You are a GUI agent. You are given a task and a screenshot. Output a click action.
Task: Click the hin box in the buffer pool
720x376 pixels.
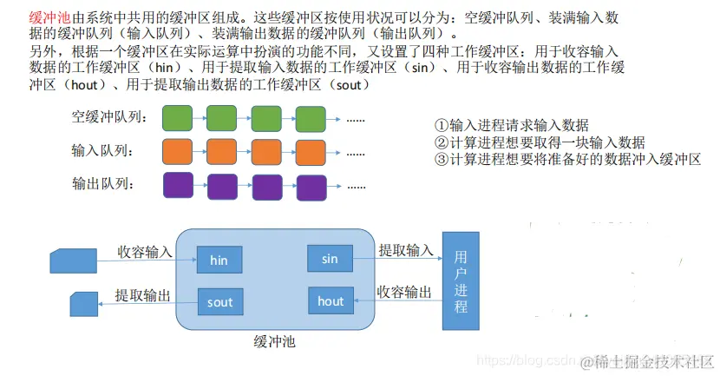219,259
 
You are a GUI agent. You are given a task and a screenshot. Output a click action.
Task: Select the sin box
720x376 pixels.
330,259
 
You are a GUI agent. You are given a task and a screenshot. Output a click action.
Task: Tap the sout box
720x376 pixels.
220,302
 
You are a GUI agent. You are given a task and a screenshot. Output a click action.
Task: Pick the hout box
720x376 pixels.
331,301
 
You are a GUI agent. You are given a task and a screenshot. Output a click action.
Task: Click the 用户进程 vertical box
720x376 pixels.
460,281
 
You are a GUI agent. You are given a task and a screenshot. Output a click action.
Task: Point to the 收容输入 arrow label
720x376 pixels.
145,251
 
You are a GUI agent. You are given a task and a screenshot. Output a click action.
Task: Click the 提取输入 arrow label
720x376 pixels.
405,250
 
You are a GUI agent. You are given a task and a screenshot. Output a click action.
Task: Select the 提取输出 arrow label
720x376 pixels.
143,294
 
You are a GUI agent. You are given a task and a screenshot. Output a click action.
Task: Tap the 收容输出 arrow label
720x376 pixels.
404,293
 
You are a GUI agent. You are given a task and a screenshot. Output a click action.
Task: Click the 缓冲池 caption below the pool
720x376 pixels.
275,341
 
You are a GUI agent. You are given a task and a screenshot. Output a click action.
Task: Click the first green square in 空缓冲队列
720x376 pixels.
177,117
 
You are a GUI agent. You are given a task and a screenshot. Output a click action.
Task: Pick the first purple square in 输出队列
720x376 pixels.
177,185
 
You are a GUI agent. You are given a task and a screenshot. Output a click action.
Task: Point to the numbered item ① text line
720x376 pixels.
511,126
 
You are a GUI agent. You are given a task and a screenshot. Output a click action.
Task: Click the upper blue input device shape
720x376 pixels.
75,259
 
